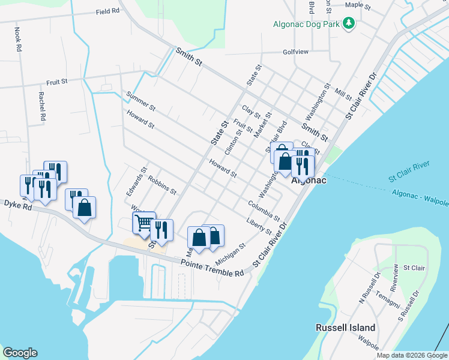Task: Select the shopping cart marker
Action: point(144,223)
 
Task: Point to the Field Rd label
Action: point(107,11)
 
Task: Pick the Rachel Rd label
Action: point(42,107)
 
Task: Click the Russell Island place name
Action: point(346,328)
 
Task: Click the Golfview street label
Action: point(295,52)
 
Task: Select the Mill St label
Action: point(344,94)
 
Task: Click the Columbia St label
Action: point(264,210)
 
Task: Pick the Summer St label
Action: point(141,101)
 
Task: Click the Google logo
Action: point(20,353)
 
